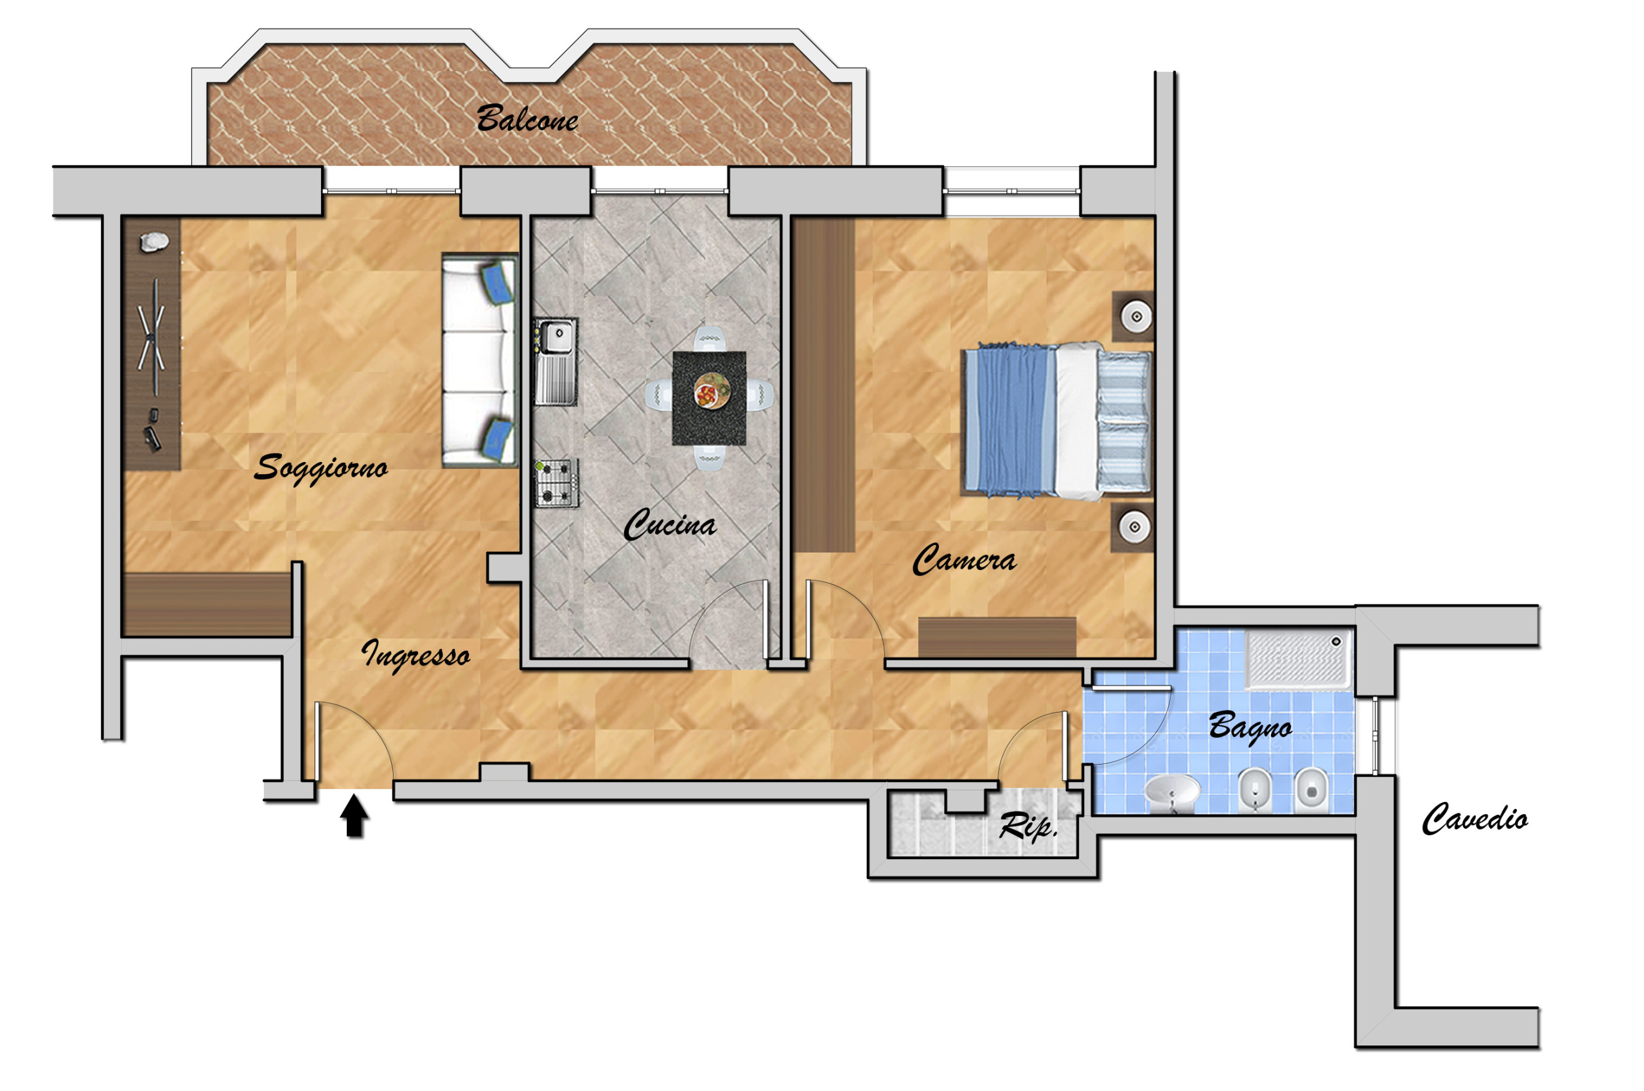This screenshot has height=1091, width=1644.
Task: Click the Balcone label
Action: (527, 118)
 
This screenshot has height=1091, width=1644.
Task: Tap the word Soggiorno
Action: (320, 468)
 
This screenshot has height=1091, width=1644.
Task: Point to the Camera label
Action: (964, 560)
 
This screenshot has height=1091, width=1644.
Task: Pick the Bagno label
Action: (1250, 728)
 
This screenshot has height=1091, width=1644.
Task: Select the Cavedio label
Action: (1474, 819)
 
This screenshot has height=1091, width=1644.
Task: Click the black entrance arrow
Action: (354, 816)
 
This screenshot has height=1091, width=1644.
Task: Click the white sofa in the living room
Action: (480, 360)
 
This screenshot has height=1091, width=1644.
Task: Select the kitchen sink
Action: (555, 361)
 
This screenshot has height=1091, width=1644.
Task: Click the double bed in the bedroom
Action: (1056, 421)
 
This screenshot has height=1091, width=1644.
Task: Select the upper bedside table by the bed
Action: (1133, 317)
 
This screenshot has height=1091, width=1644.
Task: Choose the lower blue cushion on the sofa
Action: (498, 439)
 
